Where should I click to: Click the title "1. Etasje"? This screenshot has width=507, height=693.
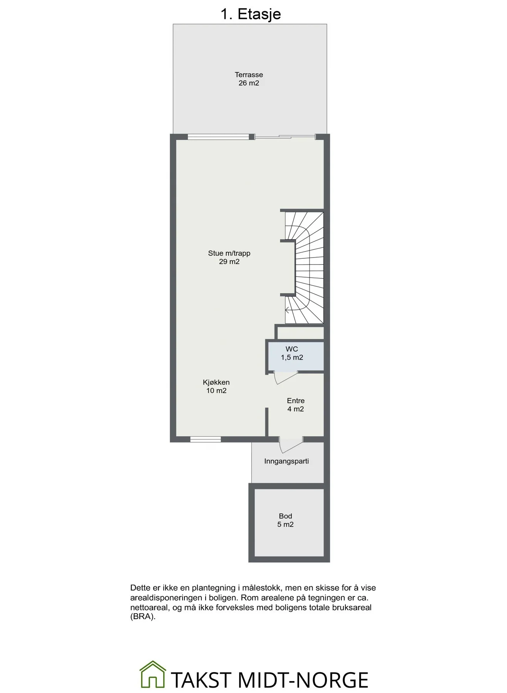click(251, 14)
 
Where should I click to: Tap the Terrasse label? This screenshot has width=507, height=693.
click(249, 75)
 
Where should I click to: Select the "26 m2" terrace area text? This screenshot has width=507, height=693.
click(249, 83)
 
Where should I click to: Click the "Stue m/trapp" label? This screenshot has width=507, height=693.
click(229, 253)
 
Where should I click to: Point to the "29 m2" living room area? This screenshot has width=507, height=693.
click(229, 262)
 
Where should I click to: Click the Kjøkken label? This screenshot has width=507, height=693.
click(216, 382)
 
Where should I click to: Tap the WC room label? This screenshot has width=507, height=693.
click(292, 349)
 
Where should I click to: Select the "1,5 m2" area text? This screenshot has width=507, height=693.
click(292, 358)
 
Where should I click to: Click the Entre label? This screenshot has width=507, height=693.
click(296, 401)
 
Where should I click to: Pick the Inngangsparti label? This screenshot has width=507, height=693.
click(286, 461)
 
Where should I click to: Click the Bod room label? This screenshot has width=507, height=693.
click(286, 516)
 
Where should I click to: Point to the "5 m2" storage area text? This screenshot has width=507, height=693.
click(286, 524)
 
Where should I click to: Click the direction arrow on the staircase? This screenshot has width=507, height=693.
click(287, 310)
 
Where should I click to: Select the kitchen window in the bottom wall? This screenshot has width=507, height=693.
click(205, 439)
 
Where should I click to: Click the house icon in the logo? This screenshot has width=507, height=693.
click(153, 674)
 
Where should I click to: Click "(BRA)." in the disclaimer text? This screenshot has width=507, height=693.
click(143, 617)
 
